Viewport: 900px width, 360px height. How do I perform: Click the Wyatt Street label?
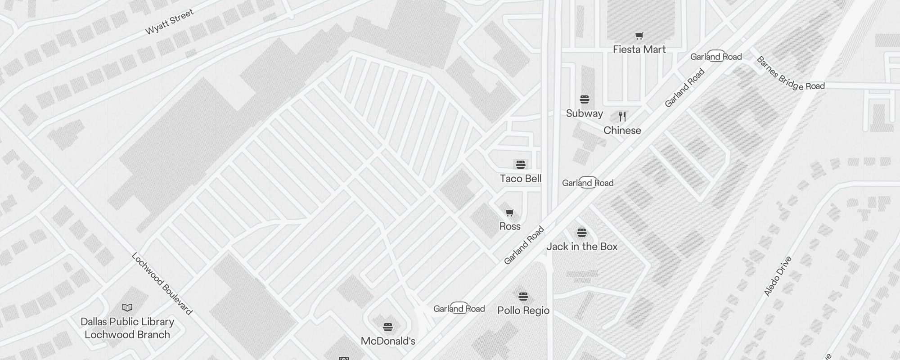(169, 22)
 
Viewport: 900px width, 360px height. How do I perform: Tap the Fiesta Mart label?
(639, 49)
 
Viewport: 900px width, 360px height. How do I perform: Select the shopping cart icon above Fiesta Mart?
(639, 36)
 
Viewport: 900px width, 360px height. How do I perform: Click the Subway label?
(584, 113)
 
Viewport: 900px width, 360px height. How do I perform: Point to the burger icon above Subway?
(584, 99)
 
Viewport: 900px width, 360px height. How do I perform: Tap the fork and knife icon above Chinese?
(622, 117)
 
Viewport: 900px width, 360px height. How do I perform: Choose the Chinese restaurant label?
(622, 130)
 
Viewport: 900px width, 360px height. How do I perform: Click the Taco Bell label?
(521, 179)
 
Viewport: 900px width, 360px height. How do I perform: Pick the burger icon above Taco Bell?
(521, 165)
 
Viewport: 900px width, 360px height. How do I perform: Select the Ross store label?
(510, 226)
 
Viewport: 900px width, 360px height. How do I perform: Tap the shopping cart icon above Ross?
(510, 213)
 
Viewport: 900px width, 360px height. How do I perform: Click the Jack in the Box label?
(582, 247)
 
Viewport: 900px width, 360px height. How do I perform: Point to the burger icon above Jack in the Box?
(582, 233)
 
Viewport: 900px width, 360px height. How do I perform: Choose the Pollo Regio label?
(523, 310)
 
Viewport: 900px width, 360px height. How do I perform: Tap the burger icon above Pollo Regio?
(523, 297)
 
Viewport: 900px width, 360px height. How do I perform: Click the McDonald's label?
(388, 341)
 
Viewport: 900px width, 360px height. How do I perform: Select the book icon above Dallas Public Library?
(127, 308)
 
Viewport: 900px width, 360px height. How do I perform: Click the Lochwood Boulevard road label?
(162, 283)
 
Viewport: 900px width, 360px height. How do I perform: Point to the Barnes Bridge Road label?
(790, 74)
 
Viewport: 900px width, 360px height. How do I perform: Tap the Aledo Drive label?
(778, 276)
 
